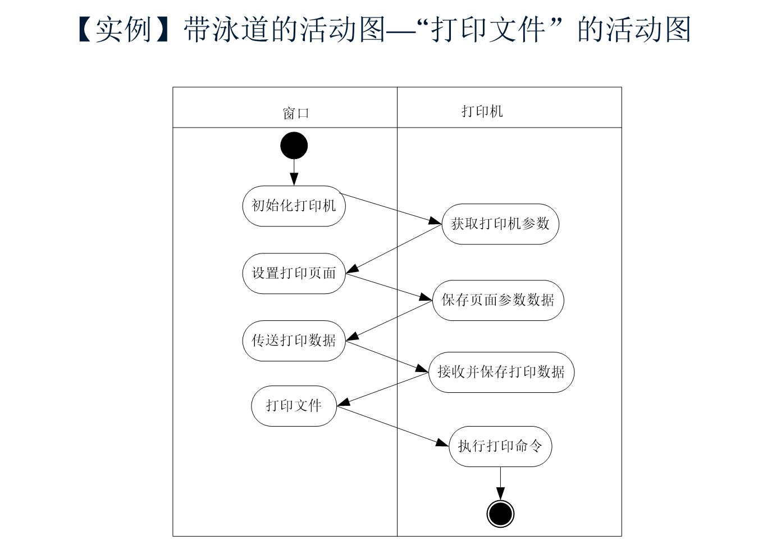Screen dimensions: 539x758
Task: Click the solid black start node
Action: click(x=294, y=146)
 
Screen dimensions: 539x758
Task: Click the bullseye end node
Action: click(x=500, y=513)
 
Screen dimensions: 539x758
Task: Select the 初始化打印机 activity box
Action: click(x=294, y=206)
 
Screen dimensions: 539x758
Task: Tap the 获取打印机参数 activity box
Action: click(x=500, y=224)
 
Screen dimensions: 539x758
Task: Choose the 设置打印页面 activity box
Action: click(x=294, y=274)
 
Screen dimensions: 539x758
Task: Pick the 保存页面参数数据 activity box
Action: click(x=498, y=300)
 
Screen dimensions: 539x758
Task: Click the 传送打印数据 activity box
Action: click(x=294, y=341)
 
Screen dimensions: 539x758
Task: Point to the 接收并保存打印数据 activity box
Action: click(x=501, y=372)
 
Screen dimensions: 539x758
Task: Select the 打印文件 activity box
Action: click(x=294, y=406)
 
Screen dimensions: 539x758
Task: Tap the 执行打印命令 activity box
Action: click(x=500, y=446)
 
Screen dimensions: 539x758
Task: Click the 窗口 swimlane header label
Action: click(x=296, y=113)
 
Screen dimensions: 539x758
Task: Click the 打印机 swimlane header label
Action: click(x=482, y=111)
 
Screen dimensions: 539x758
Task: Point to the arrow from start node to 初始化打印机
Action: click(x=294, y=172)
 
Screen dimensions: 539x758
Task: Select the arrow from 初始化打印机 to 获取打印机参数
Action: click(x=391, y=209)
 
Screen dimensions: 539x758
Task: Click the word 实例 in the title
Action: click(x=124, y=30)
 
